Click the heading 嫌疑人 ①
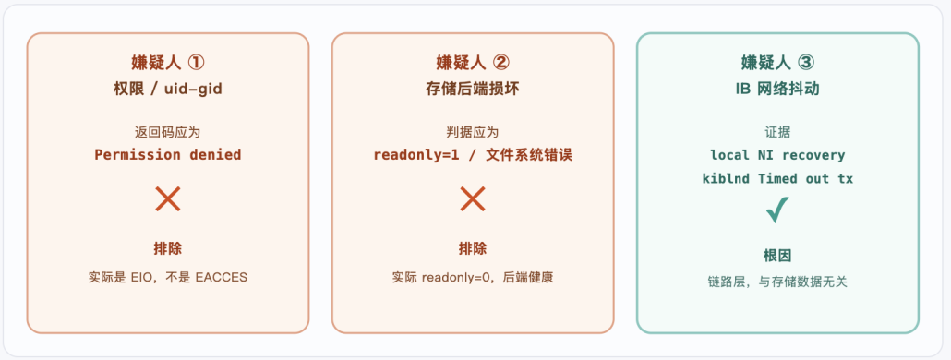[x=167, y=62]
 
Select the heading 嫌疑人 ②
[x=473, y=62]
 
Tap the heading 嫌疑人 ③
[x=777, y=62]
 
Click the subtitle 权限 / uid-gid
[x=167, y=90]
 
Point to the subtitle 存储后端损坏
[x=473, y=90]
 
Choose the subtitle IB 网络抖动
[x=777, y=90]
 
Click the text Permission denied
[x=167, y=154]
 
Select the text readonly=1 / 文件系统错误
[x=473, y=154]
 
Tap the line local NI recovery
[x=777, y=154]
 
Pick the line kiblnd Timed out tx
[x=777, y=179]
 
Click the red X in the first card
[x=167, y=198]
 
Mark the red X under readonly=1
[x=473, y=198]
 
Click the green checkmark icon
[x=777, y=210]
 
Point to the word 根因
[x=777, y=255]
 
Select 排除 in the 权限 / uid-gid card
[x=167, y=248]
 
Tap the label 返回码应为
[x=167, y=132]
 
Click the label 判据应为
[x=473, y=132]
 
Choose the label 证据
[x=777, y=132]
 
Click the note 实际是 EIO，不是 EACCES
[x=167, y=278]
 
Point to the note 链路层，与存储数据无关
[x=777, y=282]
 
